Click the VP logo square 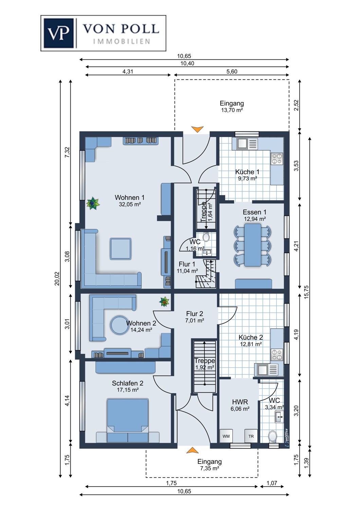[x=59, y=33]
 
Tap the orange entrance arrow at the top [x=197, y=129]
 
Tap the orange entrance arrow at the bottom [x=192, y=450]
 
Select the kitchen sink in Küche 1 [x=242, y=144]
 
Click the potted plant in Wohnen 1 [x=92, y=203]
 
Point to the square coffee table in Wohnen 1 [x=121, y=249]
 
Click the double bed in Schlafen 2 [x=128, y=420]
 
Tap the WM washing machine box [x=226, y=436]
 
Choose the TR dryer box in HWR [x=251, y=436]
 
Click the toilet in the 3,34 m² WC [x=272, y=436]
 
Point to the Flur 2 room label [x=195, y=314]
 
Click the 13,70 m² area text [x=232, y=110]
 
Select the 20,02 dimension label [x=57, y=279]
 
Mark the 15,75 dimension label [x=306, y=292]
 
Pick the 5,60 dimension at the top [x=232, y=72]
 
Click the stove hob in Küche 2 [x=277, y=355]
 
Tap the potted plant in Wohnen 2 [x=164, y=301]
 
